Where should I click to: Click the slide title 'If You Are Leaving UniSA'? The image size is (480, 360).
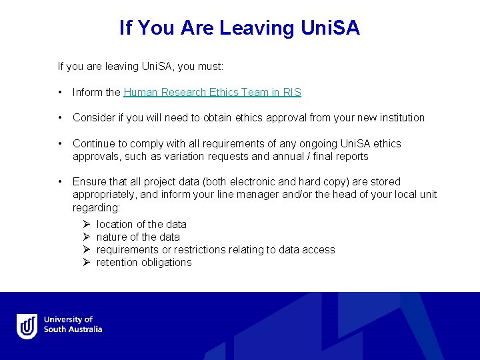[x=239, y=28]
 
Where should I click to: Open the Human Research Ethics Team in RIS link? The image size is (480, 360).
[x=212, y=92]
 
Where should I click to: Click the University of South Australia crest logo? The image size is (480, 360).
[x=27, y=326]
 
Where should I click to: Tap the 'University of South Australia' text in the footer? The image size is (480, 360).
[x=73, y=325]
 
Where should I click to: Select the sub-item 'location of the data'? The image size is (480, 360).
[x=141, y=225]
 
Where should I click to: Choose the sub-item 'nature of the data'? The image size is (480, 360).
[x=138, y=237]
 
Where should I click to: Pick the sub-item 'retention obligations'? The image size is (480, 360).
[x=144, y=263]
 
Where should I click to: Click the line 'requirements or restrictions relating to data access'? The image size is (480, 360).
[x=215, y=250]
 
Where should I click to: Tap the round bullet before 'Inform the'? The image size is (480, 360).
[x=61, y=92]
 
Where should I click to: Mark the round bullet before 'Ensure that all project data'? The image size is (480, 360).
[x=61, y=181]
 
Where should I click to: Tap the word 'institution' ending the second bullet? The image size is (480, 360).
[x=400, y=118]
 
